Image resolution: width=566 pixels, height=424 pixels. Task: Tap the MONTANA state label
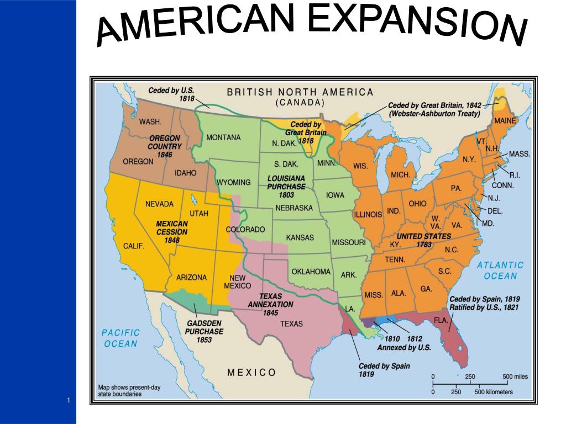click(x=223, y=137)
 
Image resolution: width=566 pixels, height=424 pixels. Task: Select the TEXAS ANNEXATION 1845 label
click(x=270, y=304)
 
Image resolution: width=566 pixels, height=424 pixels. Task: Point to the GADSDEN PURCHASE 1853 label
click(x=204, y=331)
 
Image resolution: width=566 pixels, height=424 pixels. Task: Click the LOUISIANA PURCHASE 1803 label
click(x=286, y=187)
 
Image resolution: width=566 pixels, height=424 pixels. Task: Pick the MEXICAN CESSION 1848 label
click(x=172, y=232)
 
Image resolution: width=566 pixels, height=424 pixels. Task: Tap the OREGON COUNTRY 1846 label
click(x=164, y=146)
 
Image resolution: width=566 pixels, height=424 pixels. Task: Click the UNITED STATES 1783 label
click(x=424, y=240)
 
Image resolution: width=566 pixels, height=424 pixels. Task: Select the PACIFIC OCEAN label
click(x=121, y=338)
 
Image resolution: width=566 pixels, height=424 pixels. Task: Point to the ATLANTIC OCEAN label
click(x=500, y=271)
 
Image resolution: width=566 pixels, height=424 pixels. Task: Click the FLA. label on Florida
click(x=441, y=320)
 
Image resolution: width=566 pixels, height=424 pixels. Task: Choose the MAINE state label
click(x=505, y=120)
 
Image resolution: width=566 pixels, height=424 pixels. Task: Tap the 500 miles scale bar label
click(x=515, y=377)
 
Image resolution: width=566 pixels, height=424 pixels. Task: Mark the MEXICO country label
click(x=251, y=372)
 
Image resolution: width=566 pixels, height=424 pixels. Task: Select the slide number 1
click(x=69, y=400)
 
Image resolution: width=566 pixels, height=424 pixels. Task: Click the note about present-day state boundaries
click(x=129, y=391)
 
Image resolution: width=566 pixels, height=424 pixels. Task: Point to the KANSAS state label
click(x=300, y=237)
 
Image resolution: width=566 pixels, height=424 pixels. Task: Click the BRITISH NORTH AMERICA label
click(x=300, y=92)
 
